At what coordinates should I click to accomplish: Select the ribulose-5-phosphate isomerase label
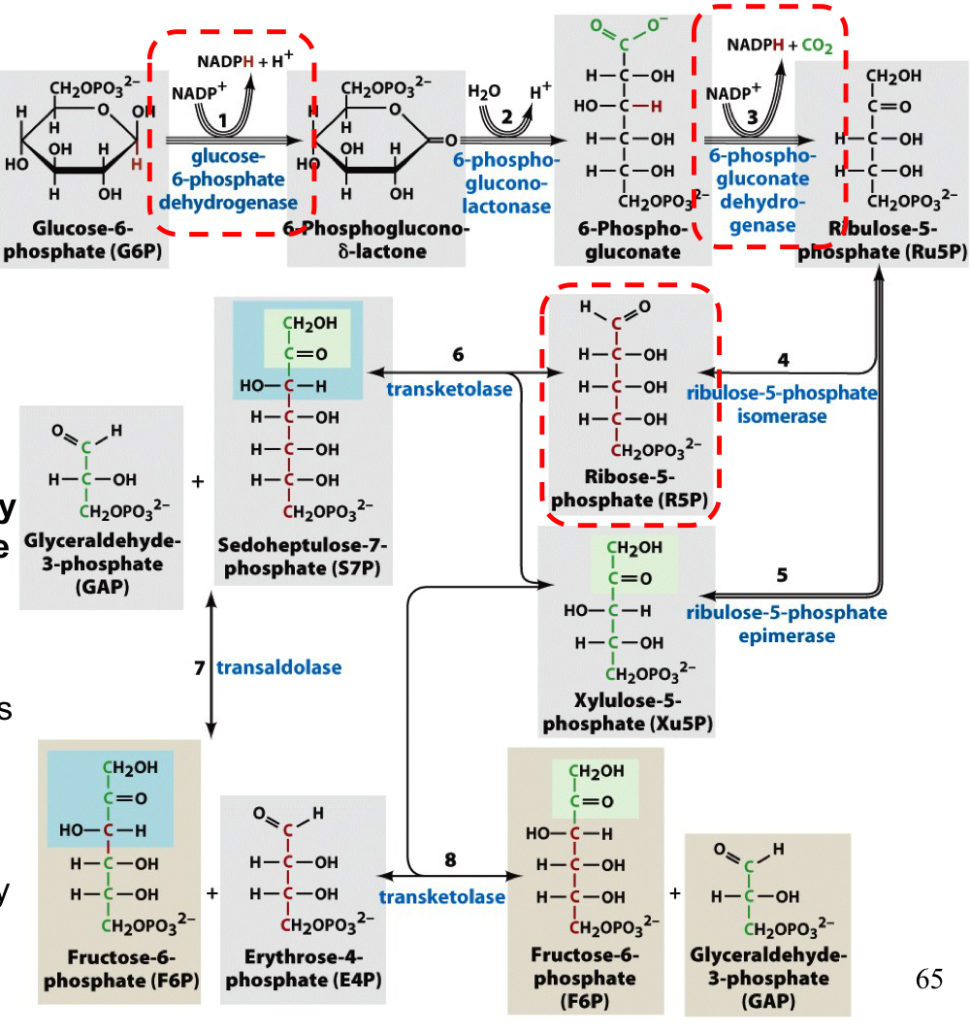[x=782, y=404]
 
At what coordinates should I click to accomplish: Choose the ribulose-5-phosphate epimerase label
[x=786, y=624]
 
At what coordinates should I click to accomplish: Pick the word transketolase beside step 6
[x=449, y=389]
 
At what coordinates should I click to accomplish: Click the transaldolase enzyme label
[x=278, y=667]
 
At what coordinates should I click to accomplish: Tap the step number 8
[x=450, y=859]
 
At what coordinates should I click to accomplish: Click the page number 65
[x=928, y=980]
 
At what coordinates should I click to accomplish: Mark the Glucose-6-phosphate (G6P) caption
[x=82, y=242]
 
